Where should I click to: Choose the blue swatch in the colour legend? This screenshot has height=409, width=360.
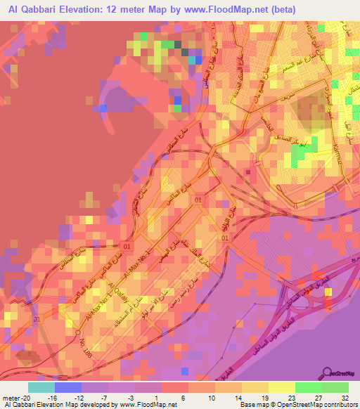[x=67, y=387]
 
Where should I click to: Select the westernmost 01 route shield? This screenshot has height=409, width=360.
[x=128, y=247]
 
